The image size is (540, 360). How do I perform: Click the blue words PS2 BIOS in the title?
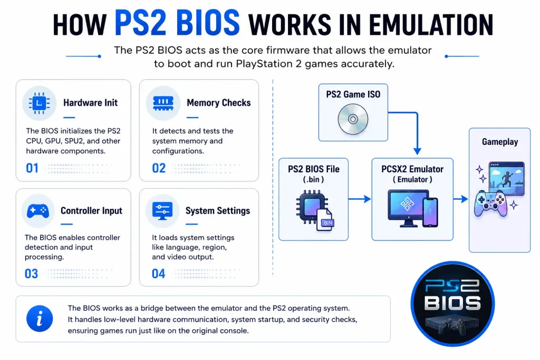coord(177,23)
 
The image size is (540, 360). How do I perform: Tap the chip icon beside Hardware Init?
coord(39,103)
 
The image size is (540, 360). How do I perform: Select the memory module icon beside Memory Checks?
coord(163,103)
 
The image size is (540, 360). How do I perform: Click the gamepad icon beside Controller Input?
coord(38,211)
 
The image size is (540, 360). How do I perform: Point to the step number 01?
coord(32,168)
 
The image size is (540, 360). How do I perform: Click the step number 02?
coord(159,168)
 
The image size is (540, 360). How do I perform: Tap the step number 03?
coord(31,274)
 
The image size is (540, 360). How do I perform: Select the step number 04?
coord(158,274)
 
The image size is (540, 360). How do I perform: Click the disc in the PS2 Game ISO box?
coord(353,120)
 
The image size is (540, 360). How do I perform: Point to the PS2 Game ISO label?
coord(353,94)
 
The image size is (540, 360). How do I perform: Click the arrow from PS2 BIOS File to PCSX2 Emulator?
coord(360,199)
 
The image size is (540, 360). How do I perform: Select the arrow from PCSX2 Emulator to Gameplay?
coord(460,199)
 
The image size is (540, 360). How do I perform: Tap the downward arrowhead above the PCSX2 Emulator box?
coord(417,151)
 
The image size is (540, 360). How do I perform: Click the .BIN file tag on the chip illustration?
coord(327,222)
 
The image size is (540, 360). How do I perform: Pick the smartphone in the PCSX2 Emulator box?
coord(430,212)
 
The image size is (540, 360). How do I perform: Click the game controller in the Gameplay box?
coord(490,204)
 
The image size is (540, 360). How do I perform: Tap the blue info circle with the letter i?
coord(40,318)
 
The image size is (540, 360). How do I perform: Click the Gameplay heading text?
coord(500,142)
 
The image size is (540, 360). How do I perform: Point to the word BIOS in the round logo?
coord(452,304)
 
